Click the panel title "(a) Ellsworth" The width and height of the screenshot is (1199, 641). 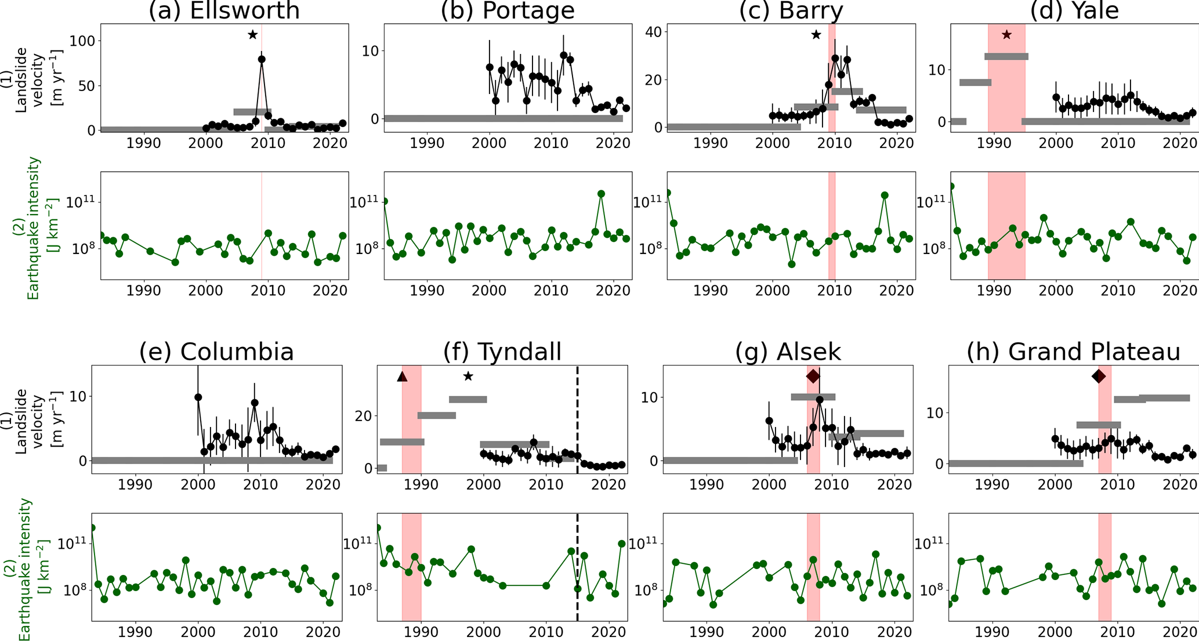(x=224, y=10)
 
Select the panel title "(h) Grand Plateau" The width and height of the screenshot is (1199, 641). (x=1073, y=352)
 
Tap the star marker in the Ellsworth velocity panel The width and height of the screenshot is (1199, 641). (x=252, y=35)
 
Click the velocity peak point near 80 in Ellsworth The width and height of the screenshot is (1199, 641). (x=262, y=59)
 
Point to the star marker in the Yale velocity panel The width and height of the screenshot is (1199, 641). (x=1006, y=35)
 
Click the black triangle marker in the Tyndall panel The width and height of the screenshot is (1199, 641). (x=402, y=376)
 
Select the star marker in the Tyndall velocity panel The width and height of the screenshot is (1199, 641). (x=468, y=376)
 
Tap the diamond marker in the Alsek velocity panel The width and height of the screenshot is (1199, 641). (x=813, y=376)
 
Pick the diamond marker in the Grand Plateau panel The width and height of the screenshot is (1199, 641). (x=1099, y=376)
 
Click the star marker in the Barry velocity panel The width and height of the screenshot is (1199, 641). (x=816, y=35)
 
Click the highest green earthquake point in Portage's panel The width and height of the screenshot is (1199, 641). (x=602, y=194)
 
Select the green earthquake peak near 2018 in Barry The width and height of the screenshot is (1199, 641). (x=885, y=195)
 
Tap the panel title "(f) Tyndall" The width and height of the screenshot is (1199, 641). (x=502, y=352)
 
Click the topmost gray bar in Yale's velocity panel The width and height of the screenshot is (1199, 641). (x=1006, y=56)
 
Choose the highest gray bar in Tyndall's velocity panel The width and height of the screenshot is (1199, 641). (x=468, y=399)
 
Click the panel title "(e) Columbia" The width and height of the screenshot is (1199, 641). (x=216, y=352)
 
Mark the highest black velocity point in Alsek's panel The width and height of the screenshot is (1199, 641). (x=820, y=400)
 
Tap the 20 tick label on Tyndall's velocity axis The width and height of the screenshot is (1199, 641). (x=364, y=416)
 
